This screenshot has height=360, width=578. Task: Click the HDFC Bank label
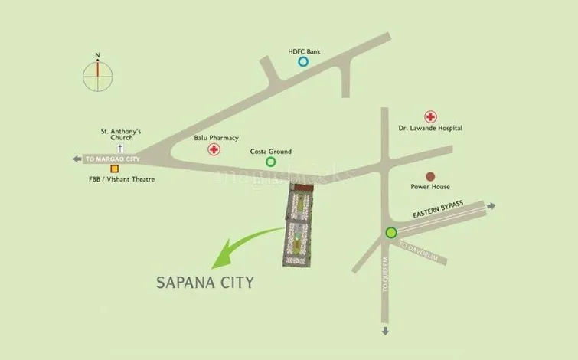click(x=304, y=51)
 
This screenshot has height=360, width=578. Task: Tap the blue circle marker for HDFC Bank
click(x=304, y=62)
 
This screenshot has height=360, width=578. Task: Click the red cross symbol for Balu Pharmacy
click(x=214, y=149)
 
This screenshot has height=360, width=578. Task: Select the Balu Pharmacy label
click(x=217, y=138)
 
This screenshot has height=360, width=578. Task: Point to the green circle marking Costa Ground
click(x=270, y=162)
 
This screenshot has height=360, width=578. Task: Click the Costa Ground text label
click(x=271, y=152)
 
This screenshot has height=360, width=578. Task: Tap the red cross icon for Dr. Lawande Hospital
click(x=431, y=117)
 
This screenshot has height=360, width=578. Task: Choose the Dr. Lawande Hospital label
click(x=430, y=129)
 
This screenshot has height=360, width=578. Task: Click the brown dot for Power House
click(x=430, y=176)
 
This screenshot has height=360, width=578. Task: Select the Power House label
click(x=430, y=187)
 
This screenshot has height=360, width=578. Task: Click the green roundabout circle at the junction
click(x=391, y=233)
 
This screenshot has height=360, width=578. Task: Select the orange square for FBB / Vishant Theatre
click(x=114, y=169)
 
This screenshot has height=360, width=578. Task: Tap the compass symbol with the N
click(x=97, y=74)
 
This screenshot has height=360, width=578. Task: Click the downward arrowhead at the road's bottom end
click(x=385, y=332)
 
